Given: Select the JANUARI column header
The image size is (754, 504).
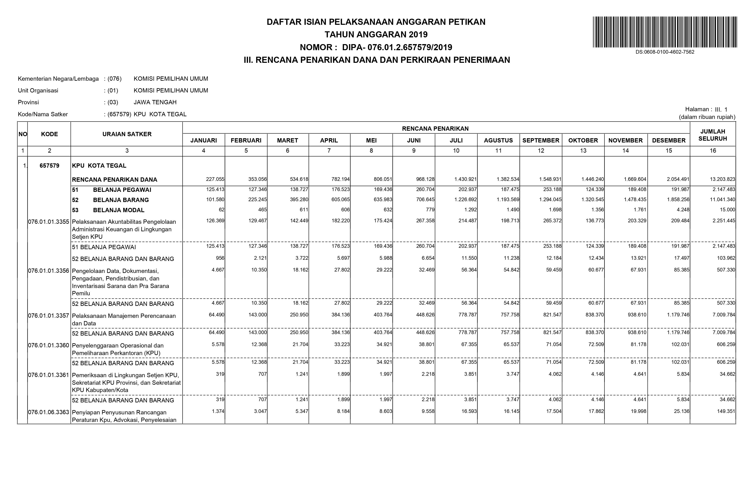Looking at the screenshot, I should point(203,140).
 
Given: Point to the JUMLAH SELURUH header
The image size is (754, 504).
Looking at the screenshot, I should point(713,135).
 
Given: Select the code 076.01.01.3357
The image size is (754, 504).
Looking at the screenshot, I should point(49,316).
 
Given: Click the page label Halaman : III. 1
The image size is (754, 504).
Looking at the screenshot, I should point(706,109).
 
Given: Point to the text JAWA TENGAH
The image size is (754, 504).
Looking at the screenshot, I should point(155,102).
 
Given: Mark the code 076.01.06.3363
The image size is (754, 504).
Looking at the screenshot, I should point(49,412).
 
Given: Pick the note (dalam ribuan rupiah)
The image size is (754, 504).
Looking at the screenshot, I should point(707,117).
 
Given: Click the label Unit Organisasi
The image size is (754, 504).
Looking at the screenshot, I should point(38,90).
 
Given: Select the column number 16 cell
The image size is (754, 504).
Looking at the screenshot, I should point(713,150).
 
